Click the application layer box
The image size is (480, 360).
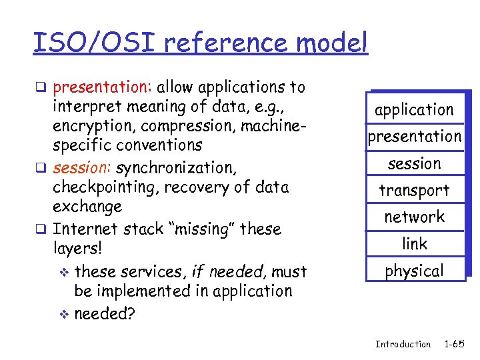pos(414,110)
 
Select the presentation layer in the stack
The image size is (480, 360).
pos(414,137)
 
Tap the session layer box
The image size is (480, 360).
pos(414,163)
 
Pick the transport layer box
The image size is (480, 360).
pos(414,191)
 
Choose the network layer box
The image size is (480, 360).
pos(414,217)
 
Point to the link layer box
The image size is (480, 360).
pos(414,244)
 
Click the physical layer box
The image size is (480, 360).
pos(414,271)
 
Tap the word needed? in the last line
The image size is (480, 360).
pos(105,313)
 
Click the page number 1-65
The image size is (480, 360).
pos(454,344)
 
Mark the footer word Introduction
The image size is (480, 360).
pos(403,344)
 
